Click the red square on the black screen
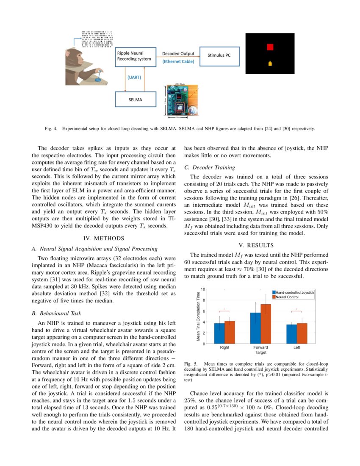tap(270, 47)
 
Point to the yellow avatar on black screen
tap(270, 63)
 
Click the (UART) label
tap(135, 78)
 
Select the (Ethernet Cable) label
tap(178, 62)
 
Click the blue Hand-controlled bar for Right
tap(219, 333)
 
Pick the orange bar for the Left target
tap(302, 333)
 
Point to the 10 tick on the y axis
tap(203, 289)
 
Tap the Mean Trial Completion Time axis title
tap(198, 316)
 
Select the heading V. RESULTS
tap(256, 245)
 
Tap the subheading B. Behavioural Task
tap(56, 313)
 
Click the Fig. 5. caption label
tap(191, 364)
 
